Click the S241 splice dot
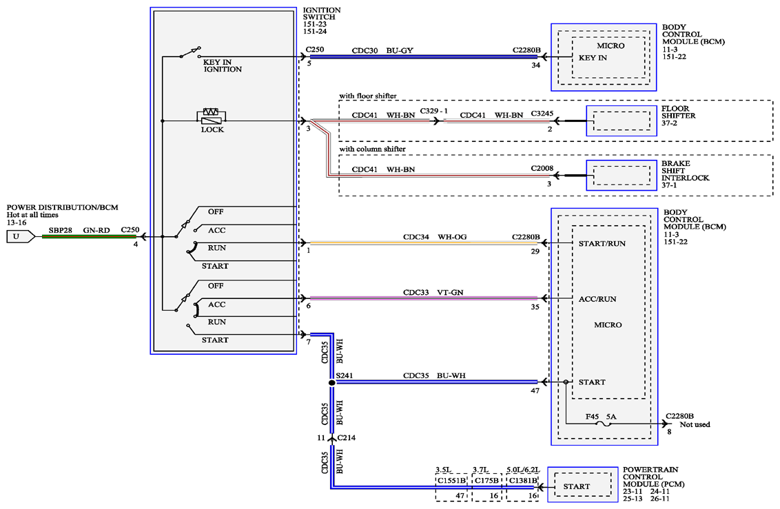pos(332,383)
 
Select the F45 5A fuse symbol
pos(604,424)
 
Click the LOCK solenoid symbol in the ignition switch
pos(212,116)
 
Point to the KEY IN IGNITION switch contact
pos(190,52)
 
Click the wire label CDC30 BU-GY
pos(382,51)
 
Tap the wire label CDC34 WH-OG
pos(435,237)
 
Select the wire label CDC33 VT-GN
pos(433,293)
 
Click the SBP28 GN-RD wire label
pos(79,231)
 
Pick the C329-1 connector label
pos(434,111)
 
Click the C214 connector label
pos(346,438)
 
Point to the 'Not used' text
pos(695,424)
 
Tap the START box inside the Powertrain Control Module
pos(579,486)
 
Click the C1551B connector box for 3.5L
pos(452,487)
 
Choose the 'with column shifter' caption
pos(373,149)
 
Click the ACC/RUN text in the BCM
pos(597,299)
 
